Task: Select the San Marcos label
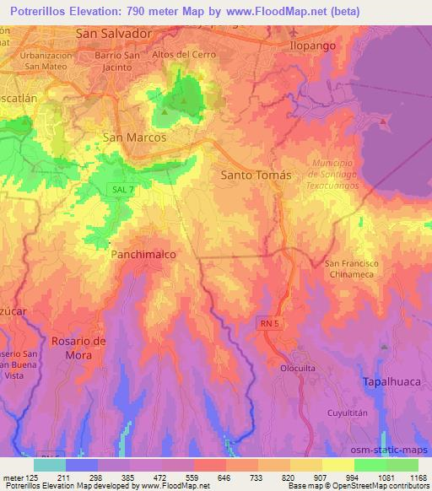[133, 136]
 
